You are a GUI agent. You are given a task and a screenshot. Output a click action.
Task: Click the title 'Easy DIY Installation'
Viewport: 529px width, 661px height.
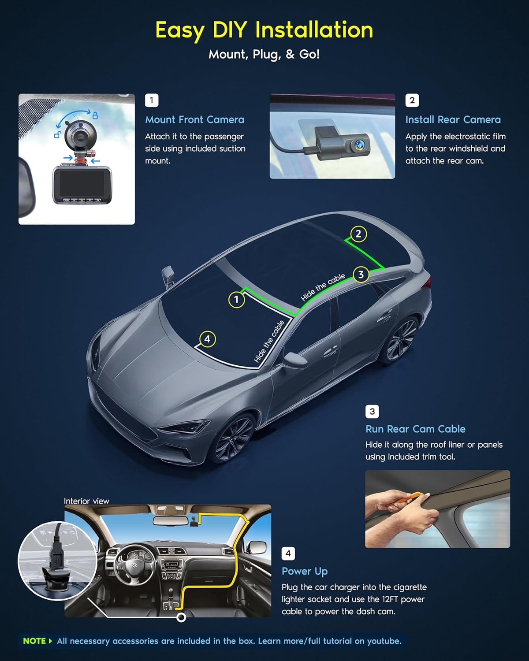pyautogui.click(x=264, y=30)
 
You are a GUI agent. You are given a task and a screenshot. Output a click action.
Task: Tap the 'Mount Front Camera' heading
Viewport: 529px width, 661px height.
pyautogui.click(x=194, y=119)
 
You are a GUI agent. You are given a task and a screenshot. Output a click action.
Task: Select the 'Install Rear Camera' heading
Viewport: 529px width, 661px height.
pyautogui.click(x=453, y=119)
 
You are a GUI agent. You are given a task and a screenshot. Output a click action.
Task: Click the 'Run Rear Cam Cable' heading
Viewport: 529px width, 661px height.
pyautogui.click(x=415, y=429)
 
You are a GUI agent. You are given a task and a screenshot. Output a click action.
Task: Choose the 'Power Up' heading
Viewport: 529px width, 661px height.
pyautogui.click(x=305, y=571)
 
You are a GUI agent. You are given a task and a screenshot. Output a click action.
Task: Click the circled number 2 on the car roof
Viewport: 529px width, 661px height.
pyautogui.click(x=358, y=234)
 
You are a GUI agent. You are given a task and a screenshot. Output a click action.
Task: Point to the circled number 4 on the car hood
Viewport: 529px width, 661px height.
pyautogui.click(x=207, y=339)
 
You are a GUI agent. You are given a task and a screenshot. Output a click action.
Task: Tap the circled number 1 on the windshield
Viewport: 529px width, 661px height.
pyautogui.click(x=236, y=300)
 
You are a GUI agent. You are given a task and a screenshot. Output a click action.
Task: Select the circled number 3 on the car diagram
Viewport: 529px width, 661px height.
pyautogui.click(x=361, y=275)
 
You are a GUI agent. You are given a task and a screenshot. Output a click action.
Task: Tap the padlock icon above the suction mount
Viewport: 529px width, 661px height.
pyautogui.click(x=95, y=115)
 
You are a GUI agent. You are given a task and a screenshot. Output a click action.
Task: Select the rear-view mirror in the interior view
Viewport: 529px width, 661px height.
pyautogui.click(x=168, y=520)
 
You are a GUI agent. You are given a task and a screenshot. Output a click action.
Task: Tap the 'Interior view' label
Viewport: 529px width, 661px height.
pyautogui.click(x=86, y=501)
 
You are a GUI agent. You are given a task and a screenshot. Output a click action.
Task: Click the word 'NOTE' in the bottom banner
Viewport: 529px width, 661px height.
pyautogui.click(x=34, y=641)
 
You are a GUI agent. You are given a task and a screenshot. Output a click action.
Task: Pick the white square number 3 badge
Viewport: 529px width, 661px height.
pyautogui.click(x=372, y=412)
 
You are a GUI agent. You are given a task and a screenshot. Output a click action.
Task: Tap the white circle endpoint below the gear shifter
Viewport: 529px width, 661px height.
pyautogui.click(x=181, y=617)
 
